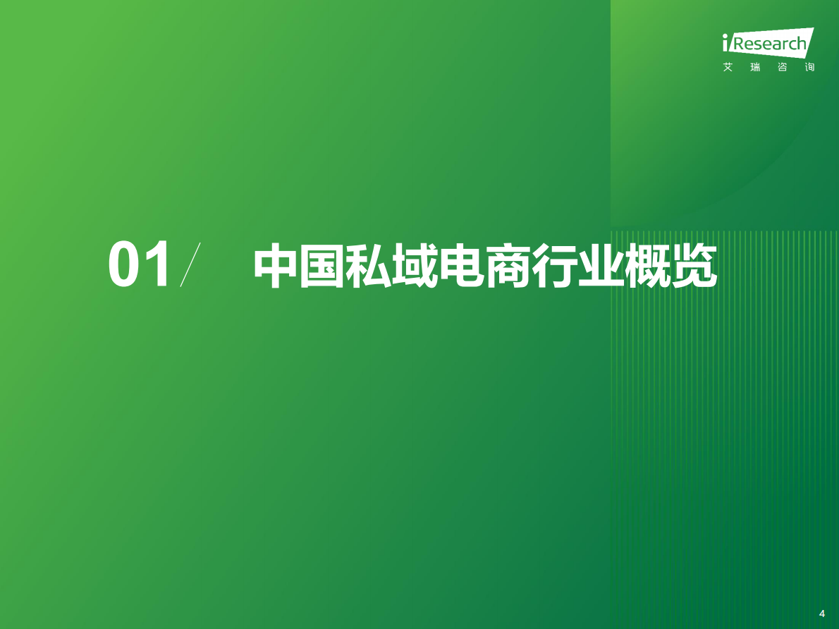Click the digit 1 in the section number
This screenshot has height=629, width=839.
click(x=157, y=264)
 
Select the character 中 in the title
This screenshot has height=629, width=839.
click(x=276, y=267)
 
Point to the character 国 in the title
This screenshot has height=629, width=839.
click(x=323, y=267)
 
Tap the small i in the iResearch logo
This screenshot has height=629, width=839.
click(x=726, y=44)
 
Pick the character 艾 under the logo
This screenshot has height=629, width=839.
click(x=728, y=68)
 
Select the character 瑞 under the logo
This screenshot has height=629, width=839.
click(x=755, y=68)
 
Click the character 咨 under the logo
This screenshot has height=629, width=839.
click(x=783, y=68)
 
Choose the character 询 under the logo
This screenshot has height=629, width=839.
click(x=809, y=68)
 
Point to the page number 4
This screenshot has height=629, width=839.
click(x=821, y=613)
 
